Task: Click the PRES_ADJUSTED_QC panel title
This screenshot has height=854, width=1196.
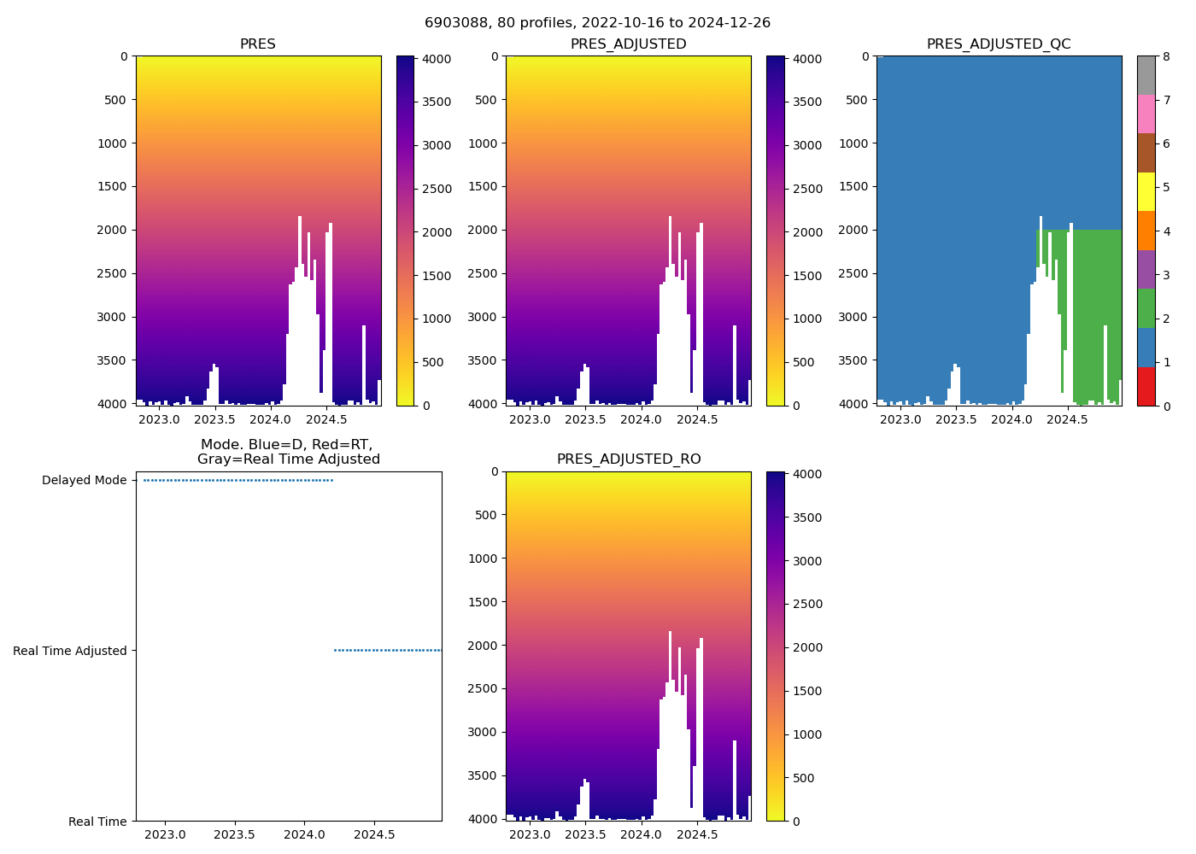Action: (x=999, y=44)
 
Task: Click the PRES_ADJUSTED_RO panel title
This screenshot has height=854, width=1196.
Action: (x=629, y=459)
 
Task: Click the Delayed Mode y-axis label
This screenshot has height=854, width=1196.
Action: (x=84, y=481)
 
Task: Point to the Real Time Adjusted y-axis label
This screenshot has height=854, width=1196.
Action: (x=70, y=651)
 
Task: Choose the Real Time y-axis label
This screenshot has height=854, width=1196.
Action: (x=97, y=822)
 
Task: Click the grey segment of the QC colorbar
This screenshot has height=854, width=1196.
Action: (x=1146, y=75)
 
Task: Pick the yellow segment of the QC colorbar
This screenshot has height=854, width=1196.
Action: (x=1146, y=191)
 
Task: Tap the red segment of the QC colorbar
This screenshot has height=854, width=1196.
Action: (x=1146, y=386)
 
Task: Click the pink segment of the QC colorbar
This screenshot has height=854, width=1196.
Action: (x=1146, y=114)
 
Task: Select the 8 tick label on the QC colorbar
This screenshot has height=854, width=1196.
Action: (x=1164, y=56)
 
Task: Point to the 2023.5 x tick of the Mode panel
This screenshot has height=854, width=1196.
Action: (x=235, y=834)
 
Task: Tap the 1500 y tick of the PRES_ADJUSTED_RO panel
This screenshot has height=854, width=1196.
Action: (x=484, y=602)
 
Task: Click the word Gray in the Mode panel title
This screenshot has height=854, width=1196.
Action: (x=214, y=459)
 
